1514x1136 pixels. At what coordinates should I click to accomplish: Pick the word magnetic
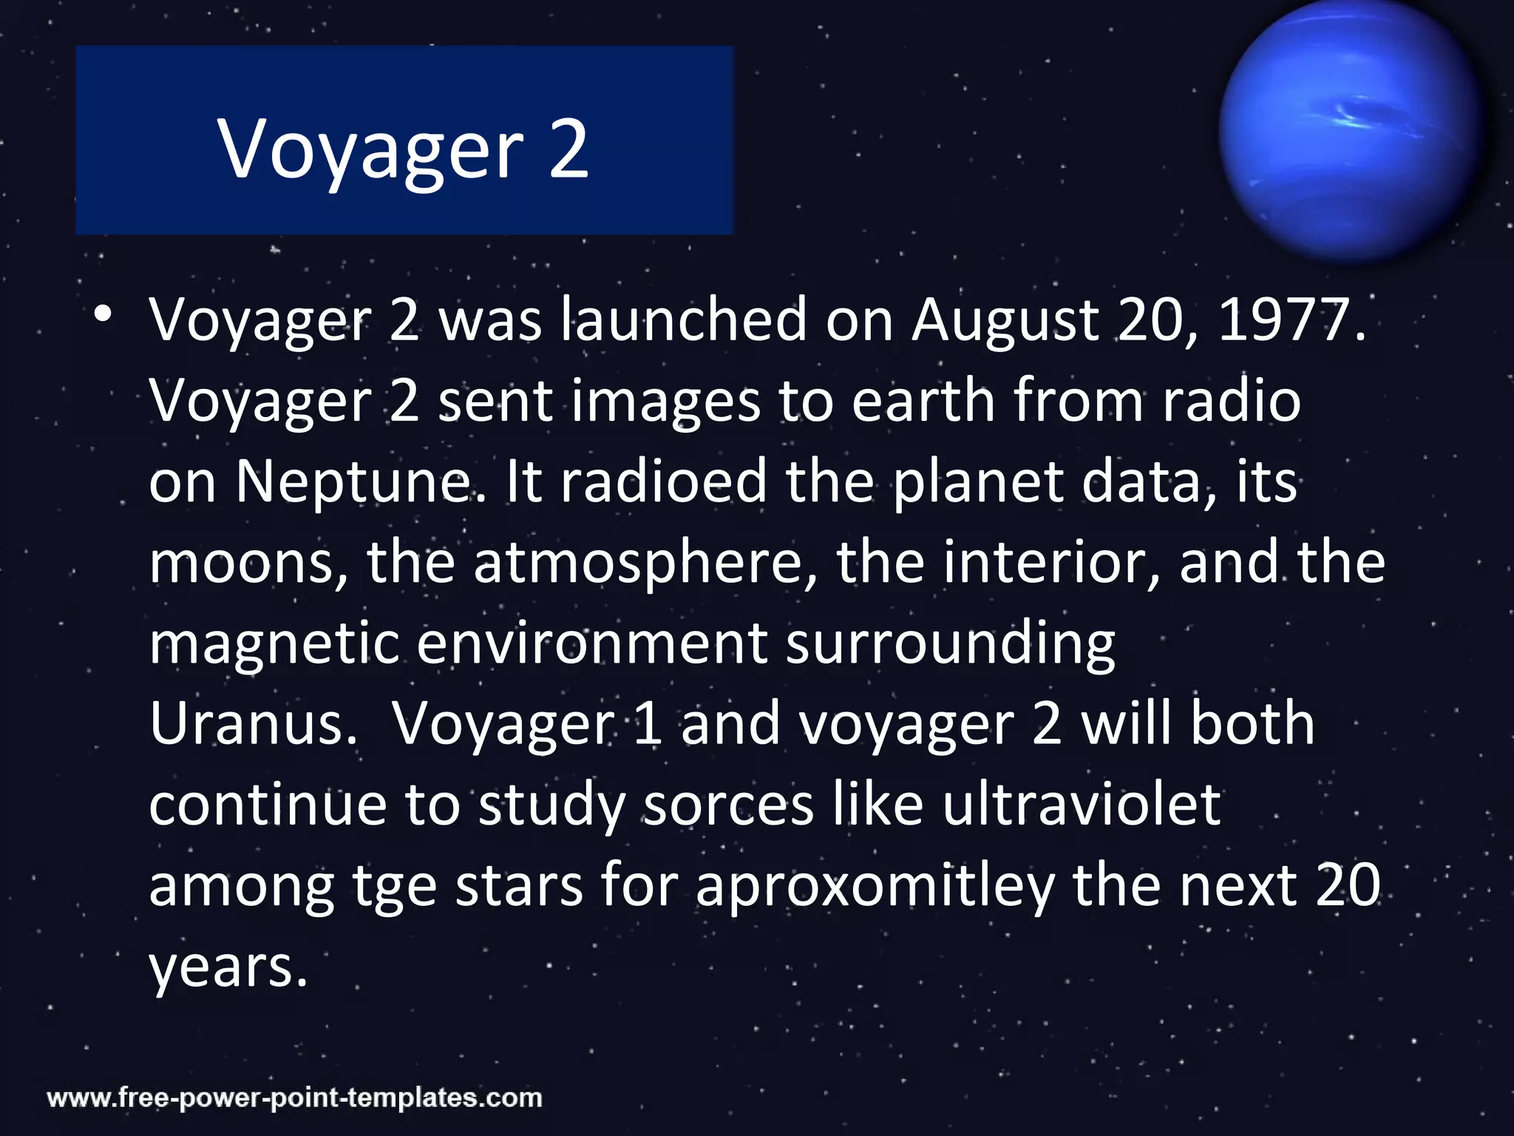274,643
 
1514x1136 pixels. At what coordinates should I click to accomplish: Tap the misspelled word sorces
728,805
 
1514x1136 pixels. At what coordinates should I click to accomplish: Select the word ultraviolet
1081,805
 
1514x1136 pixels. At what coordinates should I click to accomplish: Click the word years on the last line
228,967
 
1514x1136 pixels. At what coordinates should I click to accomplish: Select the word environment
591,643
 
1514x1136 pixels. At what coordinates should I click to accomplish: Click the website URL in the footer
295,1098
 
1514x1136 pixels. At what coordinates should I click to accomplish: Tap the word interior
1050,562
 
